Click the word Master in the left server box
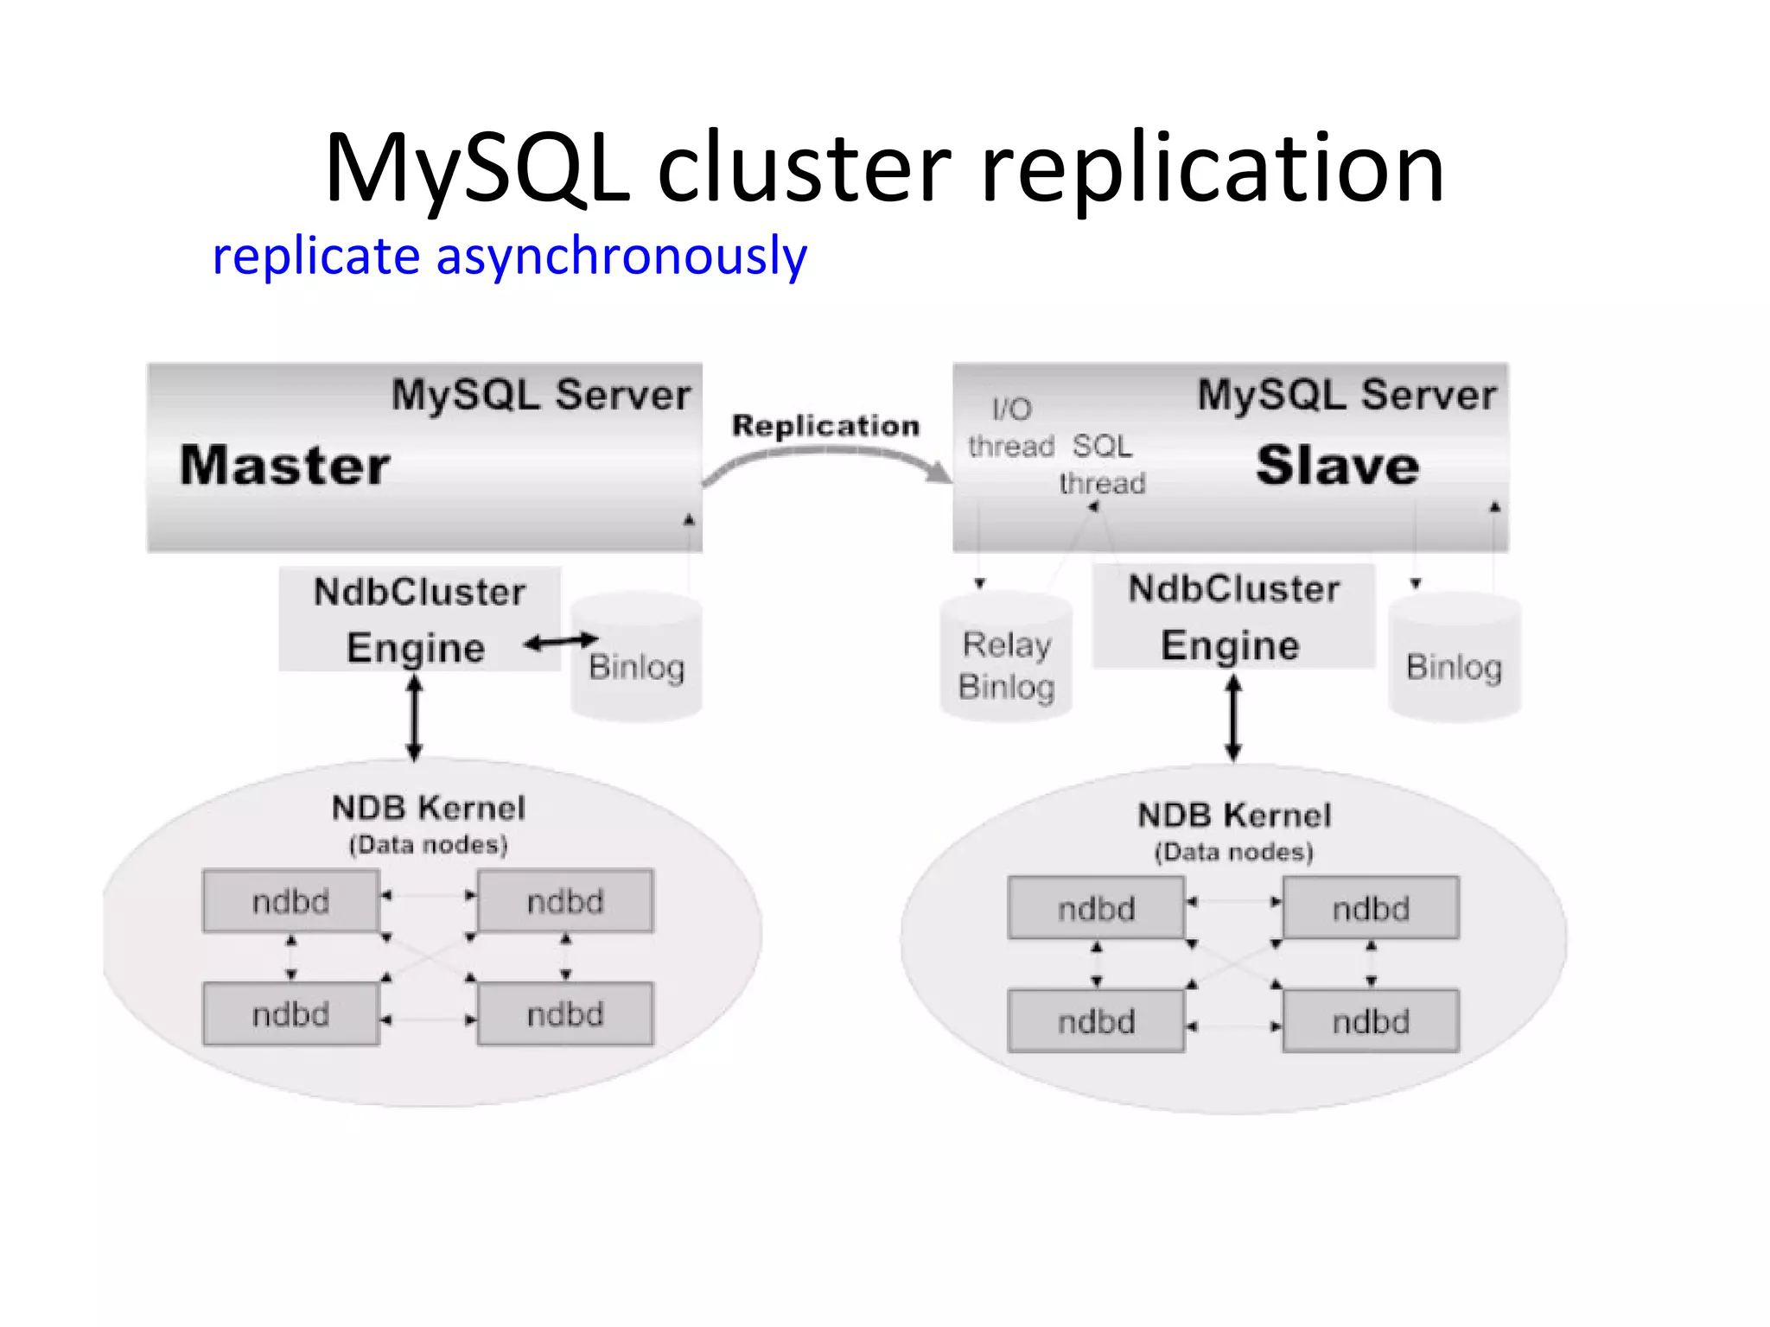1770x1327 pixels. tap(285, 466)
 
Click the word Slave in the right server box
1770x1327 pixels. tap(1337, 466)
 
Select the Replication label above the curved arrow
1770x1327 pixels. tap(825, 425)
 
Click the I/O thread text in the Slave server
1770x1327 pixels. tap(1011, 429)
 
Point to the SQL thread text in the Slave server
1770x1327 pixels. tap(1102, 465)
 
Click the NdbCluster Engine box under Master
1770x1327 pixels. tap(419, 619)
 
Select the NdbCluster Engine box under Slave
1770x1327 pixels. tap(1233, 616)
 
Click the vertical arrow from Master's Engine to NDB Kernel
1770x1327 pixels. tap(415, 717)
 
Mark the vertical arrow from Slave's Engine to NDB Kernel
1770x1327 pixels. tap(1233, 717)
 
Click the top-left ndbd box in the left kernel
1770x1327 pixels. tap(291, 901)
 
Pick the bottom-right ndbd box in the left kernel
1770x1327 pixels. tap(565, 1013)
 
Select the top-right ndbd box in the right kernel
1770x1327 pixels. tap(1371, 908)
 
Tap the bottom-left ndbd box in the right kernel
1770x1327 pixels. tap(1096, 1021)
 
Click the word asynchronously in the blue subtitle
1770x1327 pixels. tap(621, 256)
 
